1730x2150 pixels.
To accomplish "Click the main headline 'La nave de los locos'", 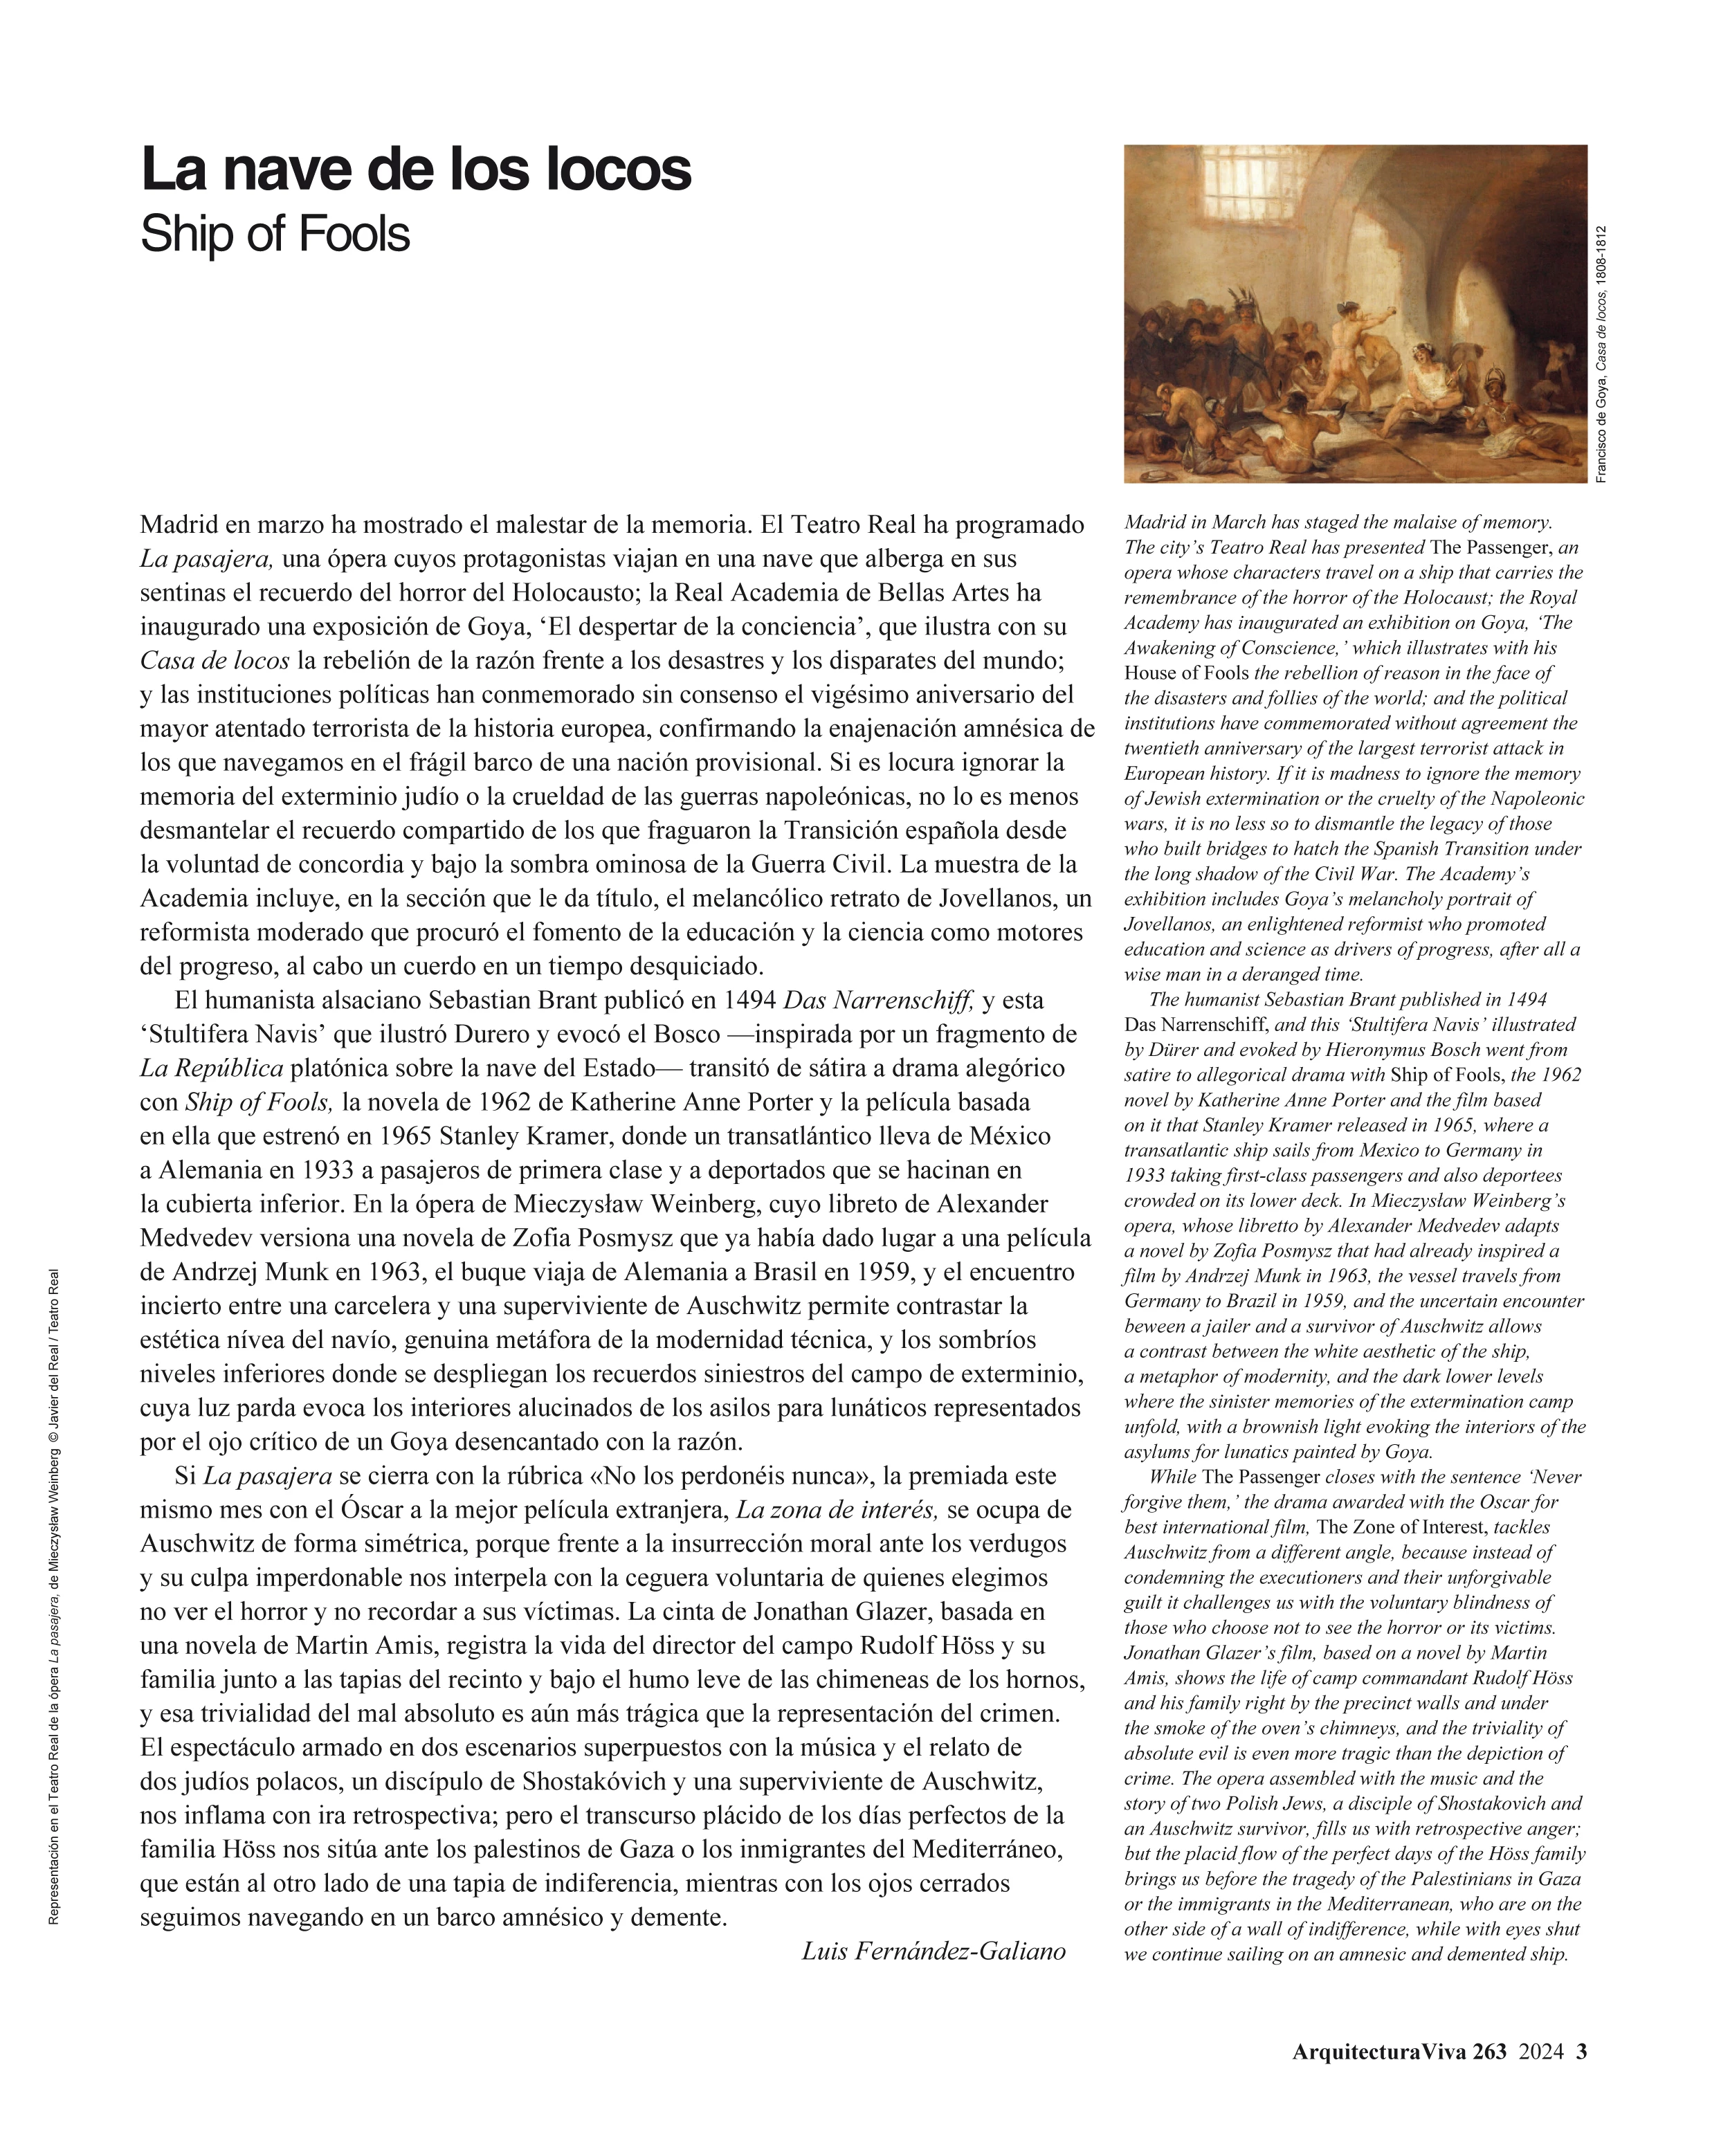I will (416, 170).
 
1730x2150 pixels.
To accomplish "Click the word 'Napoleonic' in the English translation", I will (1536, 798).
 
